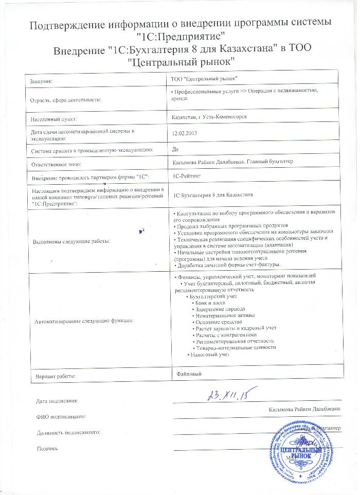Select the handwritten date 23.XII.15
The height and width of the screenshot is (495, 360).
[x=227, y=395]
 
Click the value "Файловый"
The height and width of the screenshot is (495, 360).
[x=188, y=372]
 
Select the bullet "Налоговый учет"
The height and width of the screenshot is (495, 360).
[x=208, y=355]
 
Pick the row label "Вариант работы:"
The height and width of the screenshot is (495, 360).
[x=55, y=377]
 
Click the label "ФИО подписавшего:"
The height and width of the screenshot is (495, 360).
[x=60, y=416]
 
